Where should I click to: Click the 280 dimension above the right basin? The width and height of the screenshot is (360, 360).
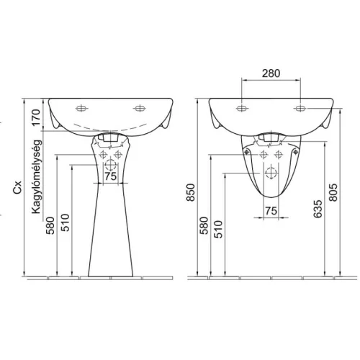[271, 73]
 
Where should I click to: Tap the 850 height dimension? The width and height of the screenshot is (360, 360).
[191, 192]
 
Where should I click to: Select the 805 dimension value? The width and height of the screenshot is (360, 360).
[333, 192]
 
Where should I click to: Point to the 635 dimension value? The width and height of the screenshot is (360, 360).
[318, 209]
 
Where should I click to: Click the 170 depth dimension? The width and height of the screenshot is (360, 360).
[36, 117]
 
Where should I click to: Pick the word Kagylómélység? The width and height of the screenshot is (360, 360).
[36, 176]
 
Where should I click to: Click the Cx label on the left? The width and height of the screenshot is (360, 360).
[17, 188]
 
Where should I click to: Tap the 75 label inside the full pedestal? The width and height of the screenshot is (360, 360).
[111, 176]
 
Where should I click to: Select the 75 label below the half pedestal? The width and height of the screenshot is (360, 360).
[271, 211]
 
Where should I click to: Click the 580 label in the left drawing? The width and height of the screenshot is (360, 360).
[50, 225]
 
